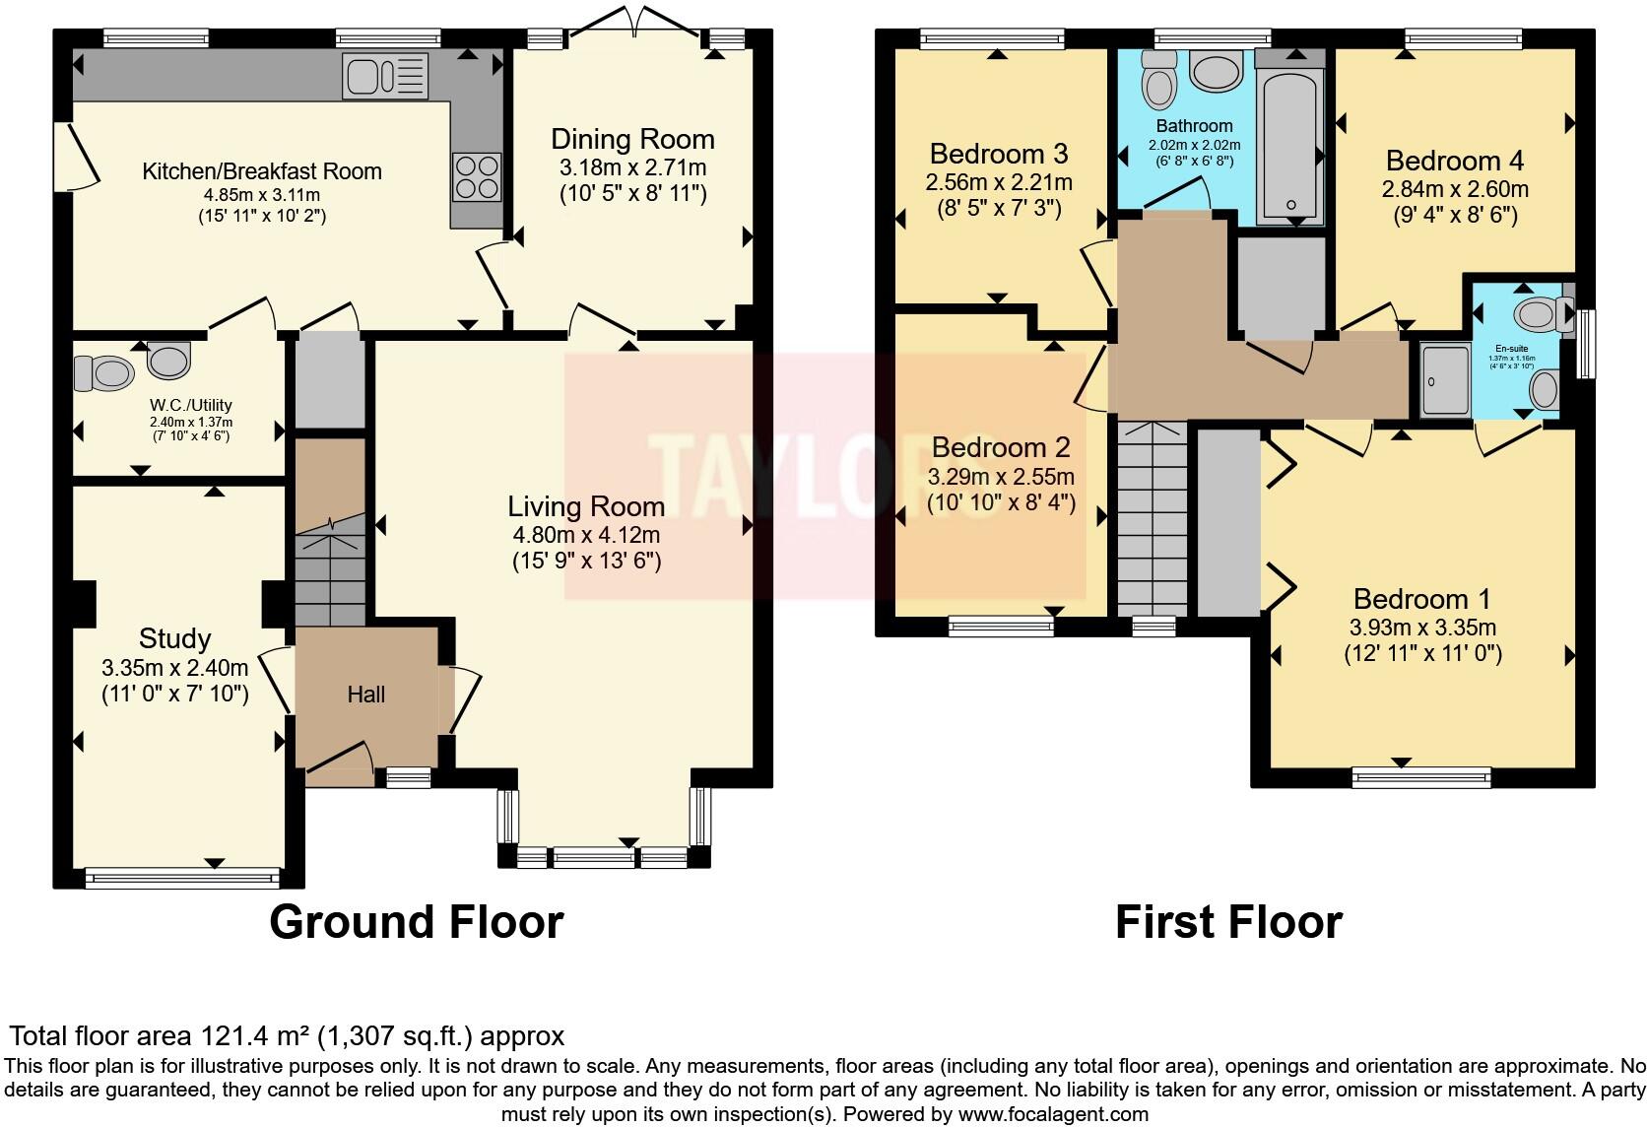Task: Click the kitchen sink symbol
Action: (x=385, y=76)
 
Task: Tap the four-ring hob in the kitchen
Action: (x=477, y=177)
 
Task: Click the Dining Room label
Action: (x=632, y=140)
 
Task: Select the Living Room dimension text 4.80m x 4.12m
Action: (x=586, y=536)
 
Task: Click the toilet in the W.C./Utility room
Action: (x=104, y=373)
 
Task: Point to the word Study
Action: (x=174, y=638)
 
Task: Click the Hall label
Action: (x=365, y=696)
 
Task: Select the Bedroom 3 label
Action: (x=999, y=155)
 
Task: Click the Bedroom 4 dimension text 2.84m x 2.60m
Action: (x=1454, y=188)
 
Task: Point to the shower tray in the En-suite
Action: (x=1444, y=378)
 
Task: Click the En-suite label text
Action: (x=1512, y=348)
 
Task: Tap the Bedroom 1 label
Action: (x=1421, y=599)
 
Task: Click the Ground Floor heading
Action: (x=416, y=923)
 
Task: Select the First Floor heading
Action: (x=1228, y=923)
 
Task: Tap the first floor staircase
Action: (x=1152, y=517)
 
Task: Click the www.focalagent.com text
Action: (x=1053, y=1115)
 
